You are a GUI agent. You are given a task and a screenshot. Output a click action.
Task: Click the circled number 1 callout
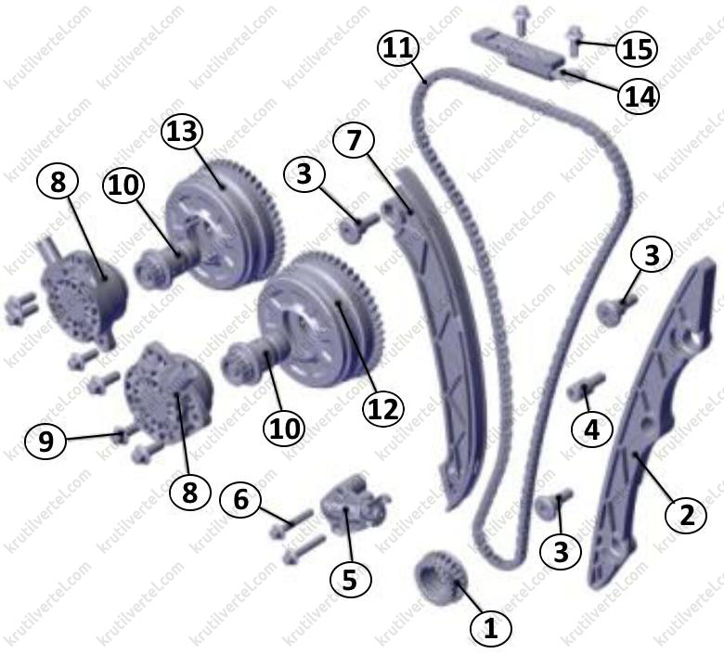pos(490,627)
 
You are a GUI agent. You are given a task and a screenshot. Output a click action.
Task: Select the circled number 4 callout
pos(591,430)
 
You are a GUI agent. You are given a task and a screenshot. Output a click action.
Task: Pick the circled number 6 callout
pos(240,500)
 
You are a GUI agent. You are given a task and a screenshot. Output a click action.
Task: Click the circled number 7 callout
pos(354,141)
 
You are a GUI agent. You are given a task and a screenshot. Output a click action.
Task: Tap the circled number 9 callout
pos(45,442)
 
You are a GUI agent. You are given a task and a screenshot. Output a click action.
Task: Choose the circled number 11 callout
pos(398,48)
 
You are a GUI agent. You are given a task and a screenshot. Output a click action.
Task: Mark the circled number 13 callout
pos(182,131)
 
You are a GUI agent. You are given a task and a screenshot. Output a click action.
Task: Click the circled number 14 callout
pos(639,96)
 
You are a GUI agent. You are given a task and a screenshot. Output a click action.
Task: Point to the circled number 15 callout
pos(637,48)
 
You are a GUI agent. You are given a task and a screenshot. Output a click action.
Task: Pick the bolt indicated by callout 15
pos(573,40)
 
